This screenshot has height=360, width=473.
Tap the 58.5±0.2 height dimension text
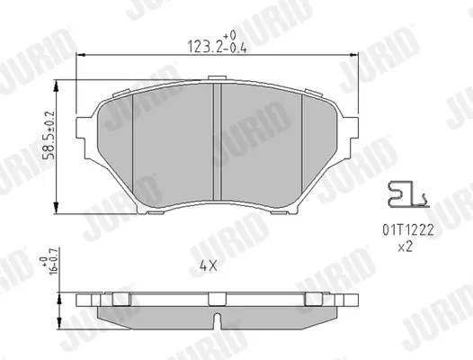coord(49,135)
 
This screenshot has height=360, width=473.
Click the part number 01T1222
coord(408,230)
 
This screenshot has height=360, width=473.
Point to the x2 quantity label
coord(405,247)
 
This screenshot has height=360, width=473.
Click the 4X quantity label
coord(208,265)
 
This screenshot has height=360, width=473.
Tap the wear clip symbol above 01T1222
coord(408,194)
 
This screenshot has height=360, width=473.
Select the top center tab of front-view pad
coord(218,78)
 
